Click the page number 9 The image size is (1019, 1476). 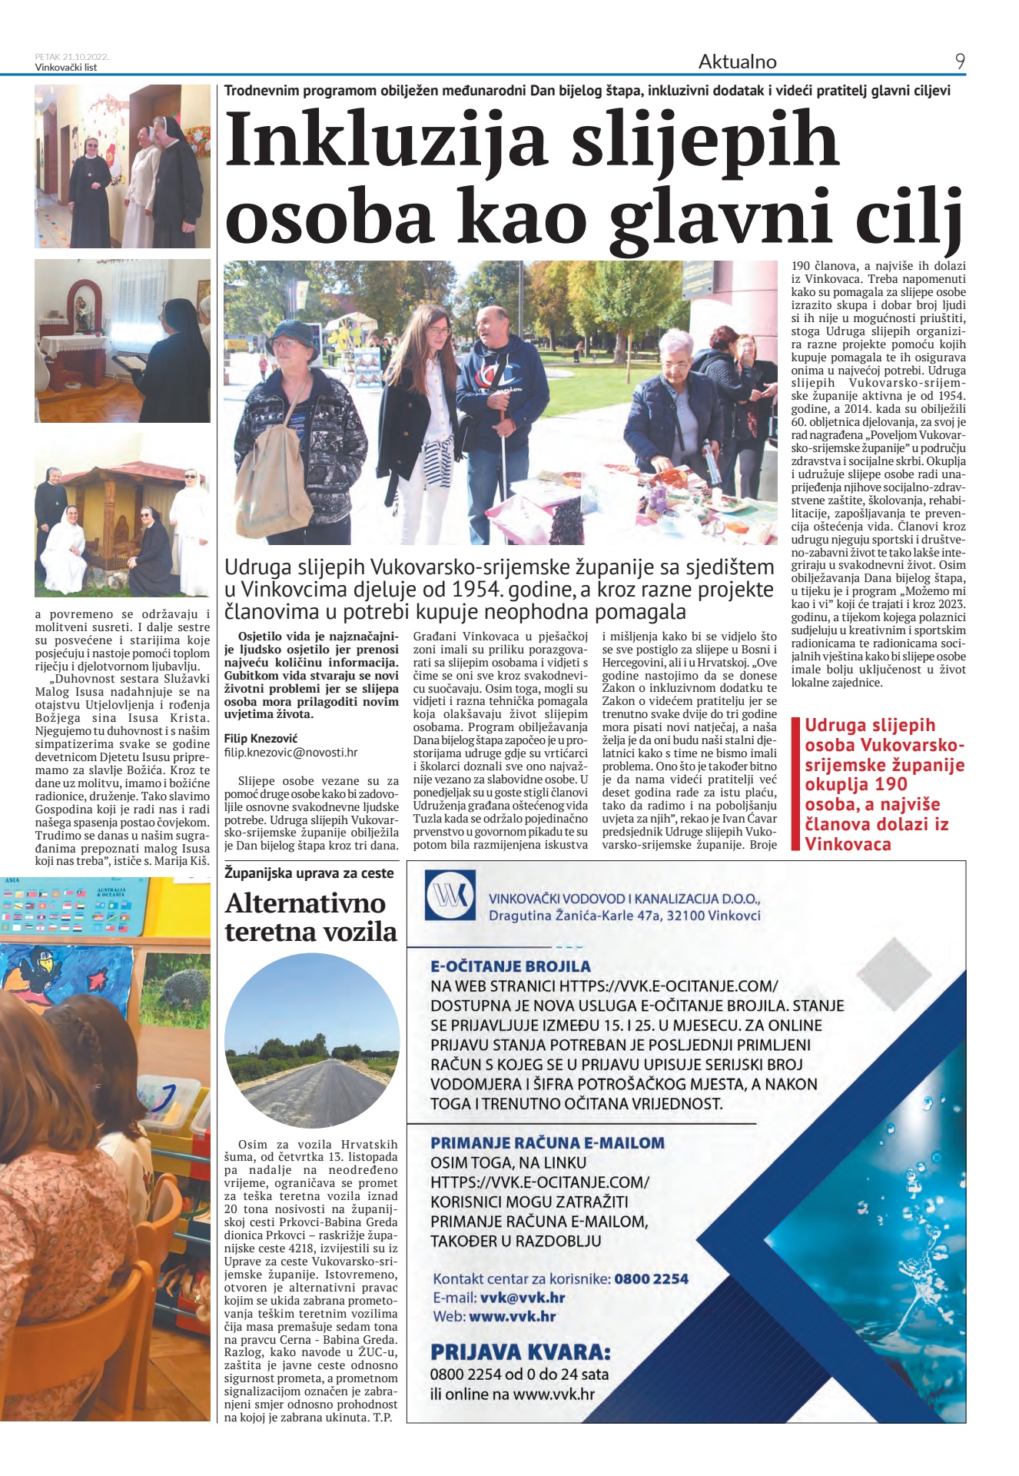point(960,61)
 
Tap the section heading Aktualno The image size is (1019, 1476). point(737,61)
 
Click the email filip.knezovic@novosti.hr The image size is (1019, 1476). point(290,753)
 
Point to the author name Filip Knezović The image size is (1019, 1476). point(261,738)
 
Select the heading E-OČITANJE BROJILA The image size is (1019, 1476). point(510,966)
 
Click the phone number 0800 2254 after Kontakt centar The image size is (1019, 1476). point(651,1279)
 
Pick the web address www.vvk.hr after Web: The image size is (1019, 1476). point(512,1316)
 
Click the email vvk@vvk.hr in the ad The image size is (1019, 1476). point(523,1298)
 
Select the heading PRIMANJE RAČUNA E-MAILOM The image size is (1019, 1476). point(547,1142)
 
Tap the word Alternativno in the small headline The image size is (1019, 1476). point(305,903)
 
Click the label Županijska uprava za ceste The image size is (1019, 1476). point(309,873)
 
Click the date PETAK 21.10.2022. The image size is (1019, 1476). point(71,56)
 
